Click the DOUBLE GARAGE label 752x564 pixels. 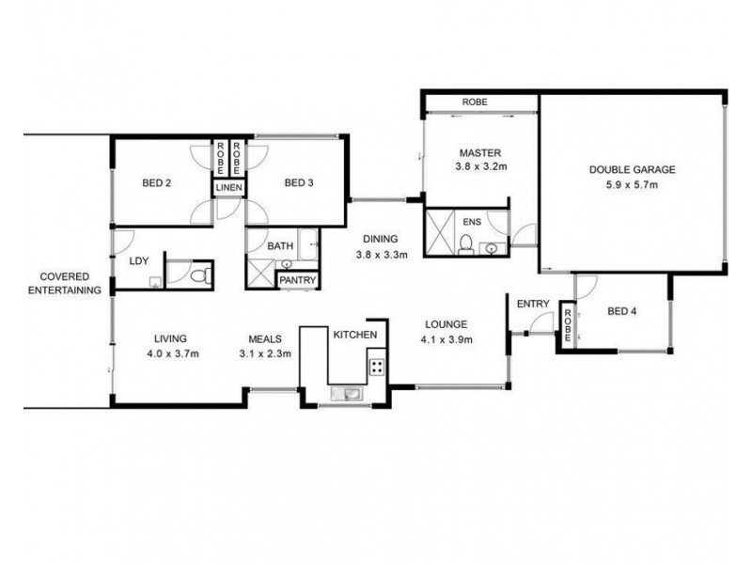pos(632,169)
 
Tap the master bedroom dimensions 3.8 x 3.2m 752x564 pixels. pos(481,167)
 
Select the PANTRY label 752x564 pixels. pos(297,280)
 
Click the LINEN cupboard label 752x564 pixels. pos(228,187)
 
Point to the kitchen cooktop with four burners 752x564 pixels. pos(377,367)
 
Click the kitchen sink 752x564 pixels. pos(348,394)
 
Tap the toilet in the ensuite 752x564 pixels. pos(465,244)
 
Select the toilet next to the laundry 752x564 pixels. pos(200,275)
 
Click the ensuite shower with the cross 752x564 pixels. pos(440,232)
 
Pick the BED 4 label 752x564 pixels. pos(622,311)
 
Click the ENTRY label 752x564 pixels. pos(533,304)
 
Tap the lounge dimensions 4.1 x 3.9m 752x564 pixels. pos(446,340)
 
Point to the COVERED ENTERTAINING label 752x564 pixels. pos(65,284)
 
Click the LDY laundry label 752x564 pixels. pos(139,261)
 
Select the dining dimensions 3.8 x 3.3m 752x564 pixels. pos(382,255)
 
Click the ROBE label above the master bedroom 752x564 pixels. pos(475,102)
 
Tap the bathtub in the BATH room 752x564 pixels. pos(308,244)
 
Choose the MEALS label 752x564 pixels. pos(265,339)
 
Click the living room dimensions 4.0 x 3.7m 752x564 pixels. pos(173,354)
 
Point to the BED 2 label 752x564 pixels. pos(157,182)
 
